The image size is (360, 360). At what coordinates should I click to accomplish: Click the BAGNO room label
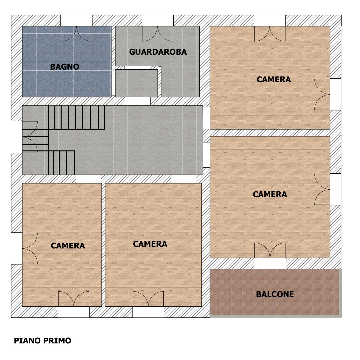(65, 67)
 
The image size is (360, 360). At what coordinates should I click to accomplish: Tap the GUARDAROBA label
(158, 52)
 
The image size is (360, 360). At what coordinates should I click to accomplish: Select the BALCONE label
(275, 294)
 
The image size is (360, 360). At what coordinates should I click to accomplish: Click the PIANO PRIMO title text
(43, 341)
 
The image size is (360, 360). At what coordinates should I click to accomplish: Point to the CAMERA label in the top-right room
(274, 80)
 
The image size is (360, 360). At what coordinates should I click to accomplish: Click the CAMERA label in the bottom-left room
(68, 246)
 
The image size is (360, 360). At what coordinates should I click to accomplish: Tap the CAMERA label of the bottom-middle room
(150, 244)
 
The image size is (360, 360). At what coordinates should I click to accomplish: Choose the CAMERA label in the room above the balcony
(270, 194)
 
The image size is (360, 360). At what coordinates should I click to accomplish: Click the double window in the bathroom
(76, 34)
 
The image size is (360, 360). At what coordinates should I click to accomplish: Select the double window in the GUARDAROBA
(158, 34)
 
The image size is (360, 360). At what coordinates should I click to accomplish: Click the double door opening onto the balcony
(270, 250)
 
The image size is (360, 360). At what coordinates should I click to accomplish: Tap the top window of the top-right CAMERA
(270, 34)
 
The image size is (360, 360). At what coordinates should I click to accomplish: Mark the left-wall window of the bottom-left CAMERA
(30, 248)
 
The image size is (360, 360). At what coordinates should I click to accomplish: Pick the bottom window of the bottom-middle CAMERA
(148, 299)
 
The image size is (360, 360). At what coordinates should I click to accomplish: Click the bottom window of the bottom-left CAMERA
(74, 299)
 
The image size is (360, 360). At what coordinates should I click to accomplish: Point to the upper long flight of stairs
(76, 118)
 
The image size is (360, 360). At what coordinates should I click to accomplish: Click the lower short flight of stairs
(62, 163)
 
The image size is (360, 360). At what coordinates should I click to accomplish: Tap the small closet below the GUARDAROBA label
(136, 83)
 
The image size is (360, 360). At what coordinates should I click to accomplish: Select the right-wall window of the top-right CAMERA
(322, 94)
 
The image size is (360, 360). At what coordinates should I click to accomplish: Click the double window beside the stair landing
(30, 137)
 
